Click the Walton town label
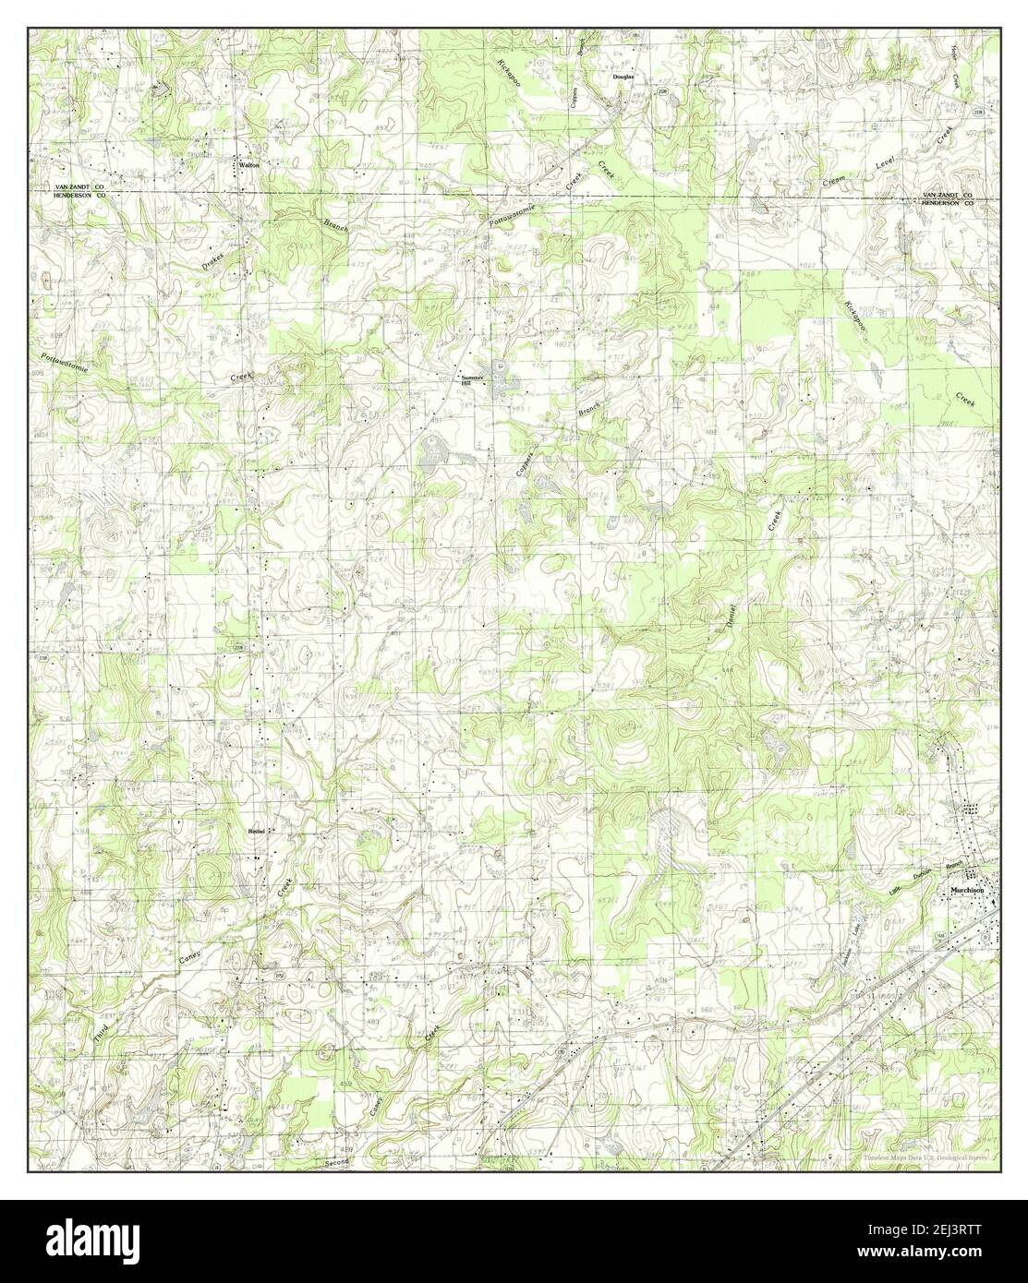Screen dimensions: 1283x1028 248,164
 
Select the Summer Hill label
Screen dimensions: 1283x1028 472,379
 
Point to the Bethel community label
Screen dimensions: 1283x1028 257,831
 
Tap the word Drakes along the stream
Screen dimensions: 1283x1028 213,260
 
